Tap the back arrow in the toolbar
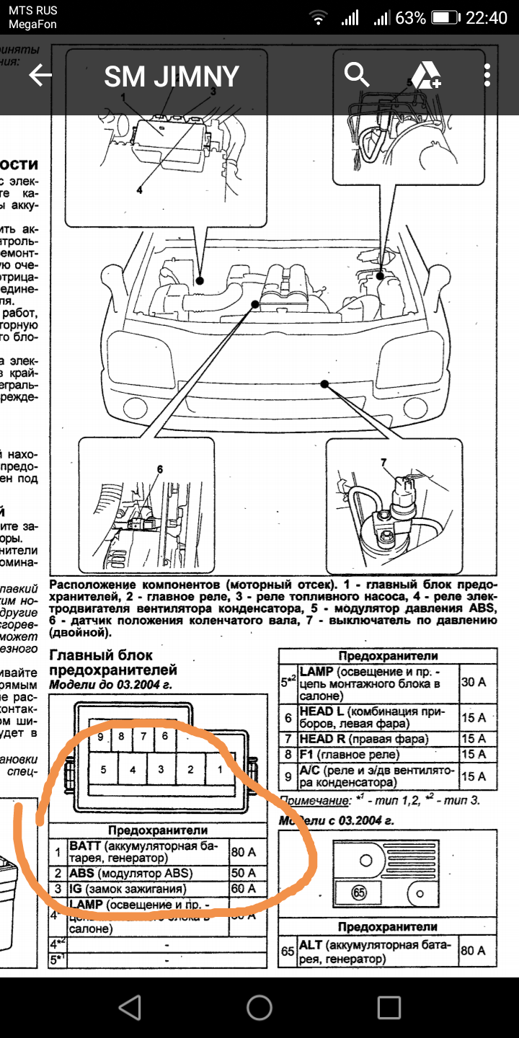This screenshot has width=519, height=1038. [40, 76]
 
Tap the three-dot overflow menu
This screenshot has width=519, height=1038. [488, 75]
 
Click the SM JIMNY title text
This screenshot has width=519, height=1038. [172, 76]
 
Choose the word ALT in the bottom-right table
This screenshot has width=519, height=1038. [311, 944]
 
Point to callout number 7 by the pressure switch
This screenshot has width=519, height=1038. [383, 462]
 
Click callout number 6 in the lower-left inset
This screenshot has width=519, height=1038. [159, 470]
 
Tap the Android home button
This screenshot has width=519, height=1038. [259, 1007]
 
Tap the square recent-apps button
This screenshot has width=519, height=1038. [389, 1007]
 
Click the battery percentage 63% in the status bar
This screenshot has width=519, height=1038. [410, 18]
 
